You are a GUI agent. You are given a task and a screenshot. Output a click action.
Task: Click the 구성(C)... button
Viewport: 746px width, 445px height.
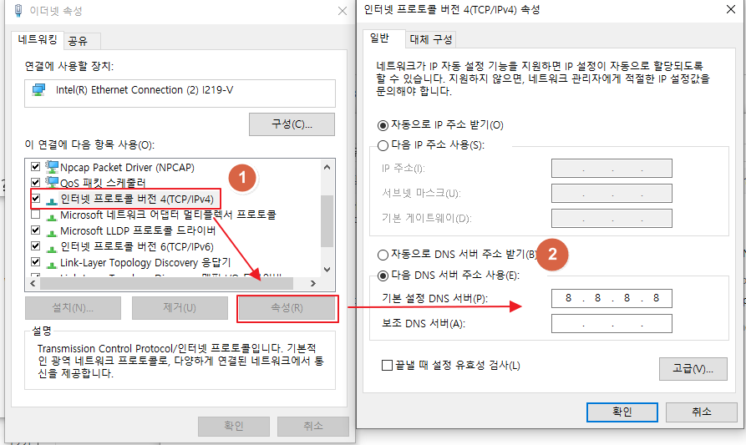[292, 124]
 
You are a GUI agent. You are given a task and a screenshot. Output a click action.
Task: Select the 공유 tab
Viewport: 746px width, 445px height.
[78, 40]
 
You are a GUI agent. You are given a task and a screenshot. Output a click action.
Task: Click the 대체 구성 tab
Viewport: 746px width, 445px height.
[431, 39]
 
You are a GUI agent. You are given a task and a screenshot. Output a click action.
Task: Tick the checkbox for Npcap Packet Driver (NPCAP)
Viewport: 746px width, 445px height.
[35, 167]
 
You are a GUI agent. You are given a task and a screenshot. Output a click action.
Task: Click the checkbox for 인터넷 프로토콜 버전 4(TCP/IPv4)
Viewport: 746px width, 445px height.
[35, 199]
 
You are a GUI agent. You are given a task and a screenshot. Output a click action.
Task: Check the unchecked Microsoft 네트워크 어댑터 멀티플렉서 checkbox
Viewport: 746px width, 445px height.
[35, 215]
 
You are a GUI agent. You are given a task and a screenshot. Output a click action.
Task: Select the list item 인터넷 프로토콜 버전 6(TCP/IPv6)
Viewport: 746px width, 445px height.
[137, 246]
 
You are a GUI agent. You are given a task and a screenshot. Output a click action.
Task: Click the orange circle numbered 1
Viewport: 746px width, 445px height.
[242, 177]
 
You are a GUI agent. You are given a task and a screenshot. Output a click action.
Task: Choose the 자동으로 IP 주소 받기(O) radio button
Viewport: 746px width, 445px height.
[383, 125]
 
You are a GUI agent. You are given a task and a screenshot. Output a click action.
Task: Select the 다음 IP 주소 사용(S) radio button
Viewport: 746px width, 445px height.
[383, 145]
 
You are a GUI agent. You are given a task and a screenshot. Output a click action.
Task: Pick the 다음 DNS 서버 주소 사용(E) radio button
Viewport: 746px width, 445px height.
[383, 276]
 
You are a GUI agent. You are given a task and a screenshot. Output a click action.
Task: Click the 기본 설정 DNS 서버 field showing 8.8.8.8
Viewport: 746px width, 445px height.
[612, 298]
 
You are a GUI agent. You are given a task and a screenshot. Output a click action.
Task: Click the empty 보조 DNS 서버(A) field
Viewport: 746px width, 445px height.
[612, 323]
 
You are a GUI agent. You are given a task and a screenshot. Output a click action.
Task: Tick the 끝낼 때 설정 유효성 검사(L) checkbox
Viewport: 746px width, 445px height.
[387, 365]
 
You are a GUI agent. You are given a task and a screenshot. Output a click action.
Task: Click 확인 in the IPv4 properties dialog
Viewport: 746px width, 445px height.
[622, 412]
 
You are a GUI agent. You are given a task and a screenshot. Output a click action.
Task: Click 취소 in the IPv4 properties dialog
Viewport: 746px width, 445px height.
[701, 412]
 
